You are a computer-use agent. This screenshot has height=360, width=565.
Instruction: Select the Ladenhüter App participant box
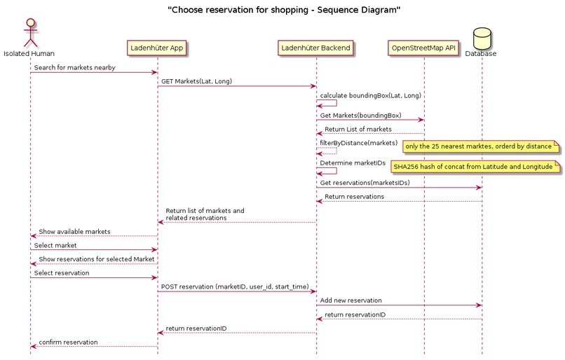pos(157,48)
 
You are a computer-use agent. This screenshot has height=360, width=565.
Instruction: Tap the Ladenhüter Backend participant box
pos(316,48)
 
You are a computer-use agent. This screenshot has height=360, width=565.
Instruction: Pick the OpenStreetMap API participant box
pos(423,48)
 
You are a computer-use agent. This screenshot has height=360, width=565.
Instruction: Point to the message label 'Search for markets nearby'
pos(74,68)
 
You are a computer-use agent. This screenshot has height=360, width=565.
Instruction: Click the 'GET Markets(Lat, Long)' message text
pos(196,81)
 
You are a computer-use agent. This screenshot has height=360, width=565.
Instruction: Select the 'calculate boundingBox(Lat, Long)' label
pos(371,95)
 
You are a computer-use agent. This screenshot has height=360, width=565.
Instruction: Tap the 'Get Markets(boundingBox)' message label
pos(361,115)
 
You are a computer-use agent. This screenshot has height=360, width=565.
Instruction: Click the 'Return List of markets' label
pos(358,129)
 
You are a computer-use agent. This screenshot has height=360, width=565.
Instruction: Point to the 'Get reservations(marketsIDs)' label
pos(365,183)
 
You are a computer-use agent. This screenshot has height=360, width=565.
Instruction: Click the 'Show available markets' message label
pos(74,232)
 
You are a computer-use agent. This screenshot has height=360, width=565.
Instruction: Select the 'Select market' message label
pos(55,245)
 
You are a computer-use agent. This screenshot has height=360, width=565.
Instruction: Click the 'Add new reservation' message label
pos(350,300)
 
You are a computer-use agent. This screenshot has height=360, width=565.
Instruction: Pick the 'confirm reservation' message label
pos(68,342)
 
